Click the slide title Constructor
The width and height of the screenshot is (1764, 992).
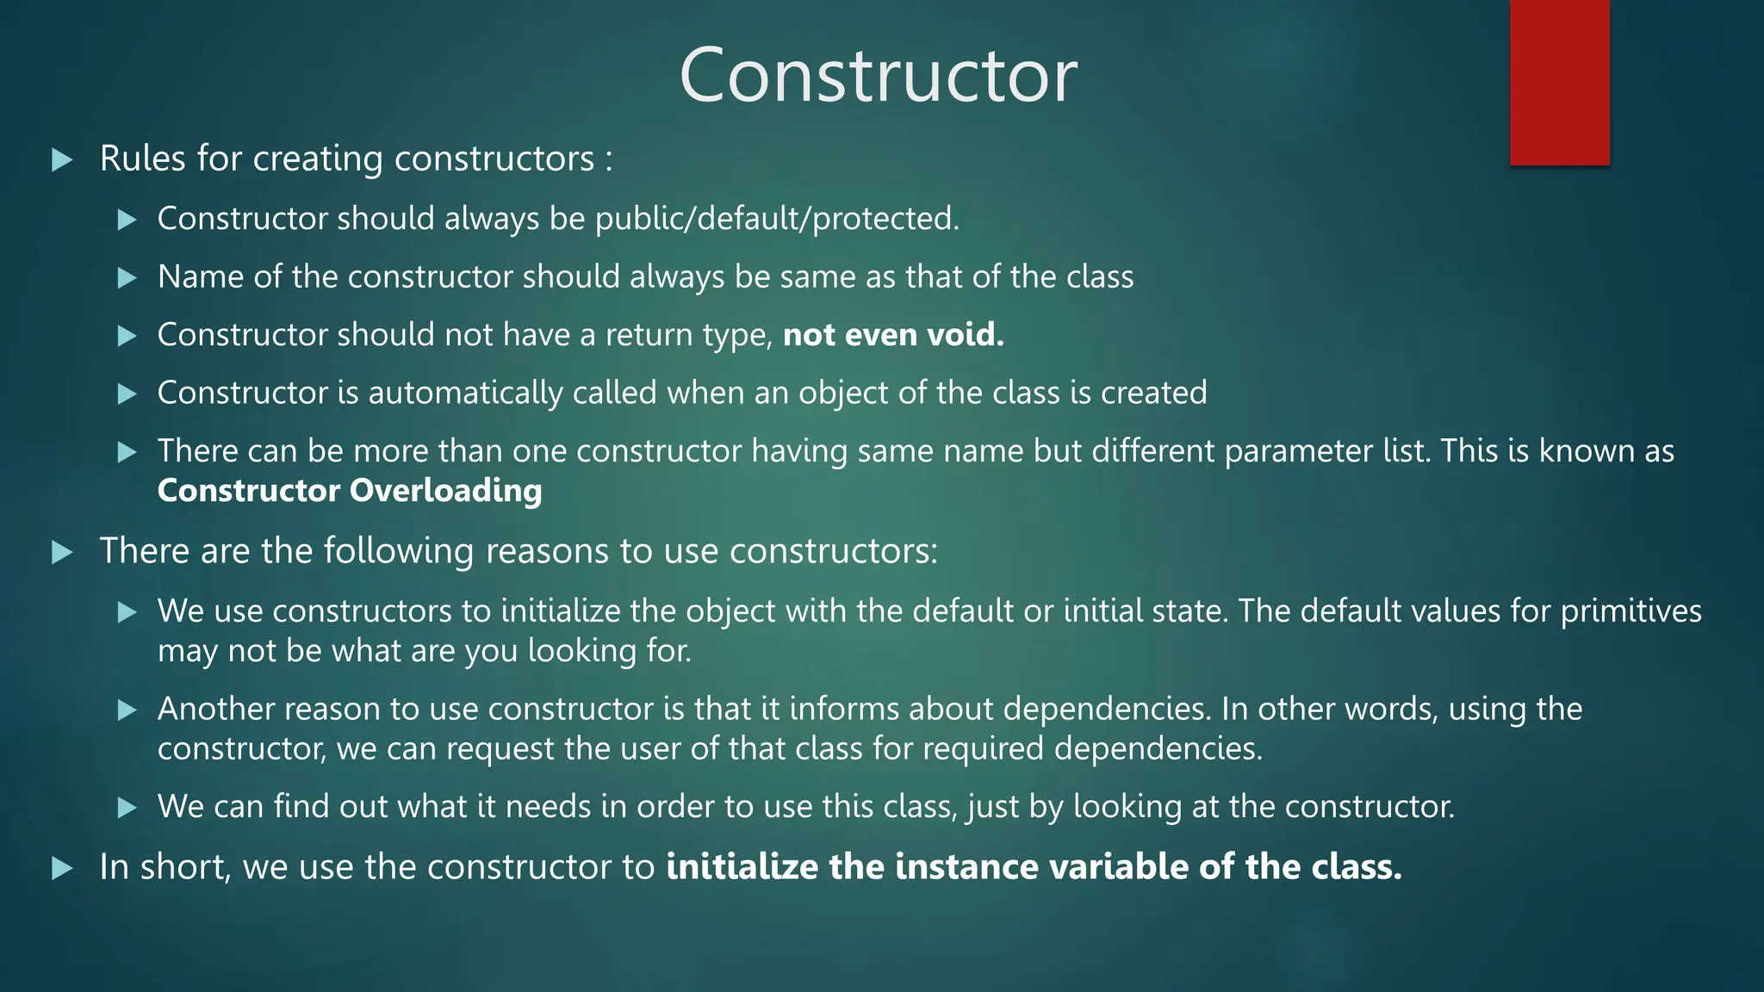click(x=878, y=76)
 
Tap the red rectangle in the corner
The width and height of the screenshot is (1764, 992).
click(x=1559, y=82)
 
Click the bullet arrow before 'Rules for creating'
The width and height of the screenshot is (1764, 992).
click(x=62, y=160)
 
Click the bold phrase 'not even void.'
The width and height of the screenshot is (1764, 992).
click(x=893, y=335)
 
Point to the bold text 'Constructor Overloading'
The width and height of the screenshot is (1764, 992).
click(x=350, y=491)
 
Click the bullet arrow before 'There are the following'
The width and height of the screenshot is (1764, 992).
click(x=62, y=552)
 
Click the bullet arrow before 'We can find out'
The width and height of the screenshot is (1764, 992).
click(x=127, y=808)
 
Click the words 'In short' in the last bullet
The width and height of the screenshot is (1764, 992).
click(x=165, y=867)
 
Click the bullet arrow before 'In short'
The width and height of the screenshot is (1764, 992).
click(x=62, y=868)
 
